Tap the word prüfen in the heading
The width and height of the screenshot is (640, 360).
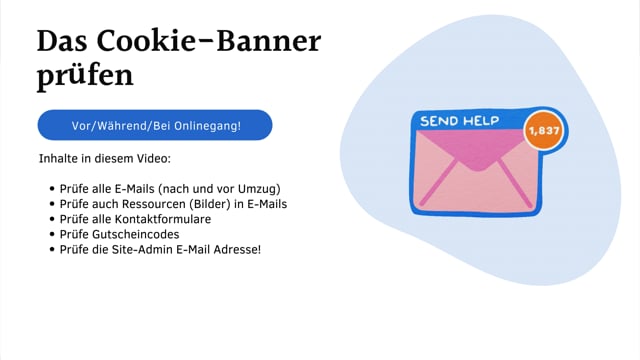point(85,76)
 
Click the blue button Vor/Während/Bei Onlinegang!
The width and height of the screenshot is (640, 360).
point(155,125)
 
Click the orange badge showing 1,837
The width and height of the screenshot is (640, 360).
point(545,132)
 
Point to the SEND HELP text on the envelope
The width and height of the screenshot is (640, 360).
point(460,121)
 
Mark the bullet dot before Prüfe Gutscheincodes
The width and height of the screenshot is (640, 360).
point(51,233)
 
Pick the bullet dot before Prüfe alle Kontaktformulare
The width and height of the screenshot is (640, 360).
point(51,218)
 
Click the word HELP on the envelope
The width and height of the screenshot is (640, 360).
point(482,121)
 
